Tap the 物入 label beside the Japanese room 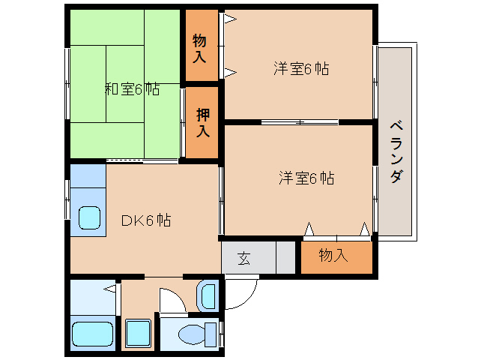199,46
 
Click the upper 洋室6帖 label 300,68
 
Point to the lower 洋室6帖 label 306,178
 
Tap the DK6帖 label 146,220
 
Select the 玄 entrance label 244,259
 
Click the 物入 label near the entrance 333,256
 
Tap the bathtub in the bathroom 92,334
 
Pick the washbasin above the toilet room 208,296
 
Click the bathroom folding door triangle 111,287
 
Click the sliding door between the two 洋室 300,121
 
